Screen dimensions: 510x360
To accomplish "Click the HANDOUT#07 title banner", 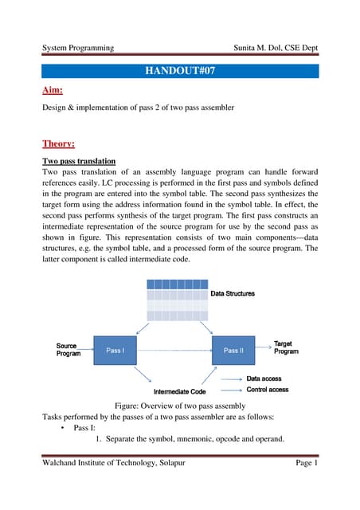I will point(180,71).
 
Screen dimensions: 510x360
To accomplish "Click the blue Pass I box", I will point(115,350).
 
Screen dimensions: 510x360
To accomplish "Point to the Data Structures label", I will point(233,294).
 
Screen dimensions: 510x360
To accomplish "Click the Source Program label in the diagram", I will point(68,349).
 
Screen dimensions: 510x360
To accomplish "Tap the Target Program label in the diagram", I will point(286,347).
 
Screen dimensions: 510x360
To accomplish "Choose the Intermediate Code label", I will point(181,391).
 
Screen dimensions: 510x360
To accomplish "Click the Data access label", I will point(263,379).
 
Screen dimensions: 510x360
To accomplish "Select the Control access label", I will point(268,390).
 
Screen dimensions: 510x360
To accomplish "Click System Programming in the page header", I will point(77,48).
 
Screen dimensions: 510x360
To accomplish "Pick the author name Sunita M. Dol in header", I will point(255,48).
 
